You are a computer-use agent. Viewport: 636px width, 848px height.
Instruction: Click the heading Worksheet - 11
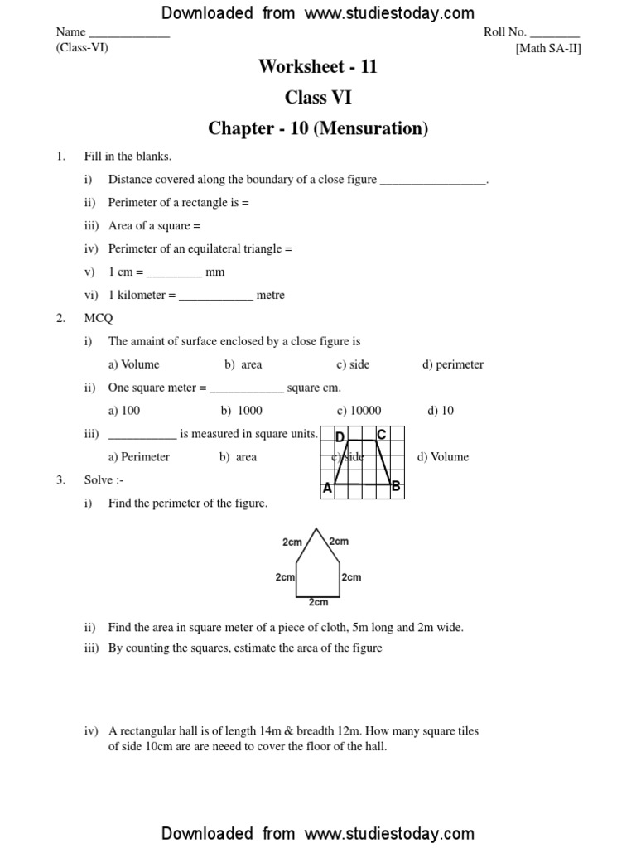click(318, 67)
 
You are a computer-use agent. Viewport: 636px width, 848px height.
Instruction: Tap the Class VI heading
click(318, 98)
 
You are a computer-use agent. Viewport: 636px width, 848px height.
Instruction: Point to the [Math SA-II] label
click(548, 48)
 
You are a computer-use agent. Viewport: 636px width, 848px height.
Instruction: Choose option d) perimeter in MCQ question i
click(453, 364)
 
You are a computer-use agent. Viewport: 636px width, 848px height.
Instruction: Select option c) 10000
click(359, 411)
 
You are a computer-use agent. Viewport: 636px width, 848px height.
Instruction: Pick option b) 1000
click(241, 411)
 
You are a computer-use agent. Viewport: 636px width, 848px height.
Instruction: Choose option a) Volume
click(133, 364)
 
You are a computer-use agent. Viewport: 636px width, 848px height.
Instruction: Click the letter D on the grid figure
click(340, 436)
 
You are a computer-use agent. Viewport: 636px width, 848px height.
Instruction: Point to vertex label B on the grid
click(396, 487)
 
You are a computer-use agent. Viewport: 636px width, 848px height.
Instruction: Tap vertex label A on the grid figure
click(327, 489)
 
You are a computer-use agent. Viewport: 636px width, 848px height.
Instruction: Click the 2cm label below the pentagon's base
click(318, 603)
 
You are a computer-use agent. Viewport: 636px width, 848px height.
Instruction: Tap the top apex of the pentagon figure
click(316, 528)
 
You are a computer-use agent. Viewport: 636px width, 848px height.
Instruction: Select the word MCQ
click(98, 318)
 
